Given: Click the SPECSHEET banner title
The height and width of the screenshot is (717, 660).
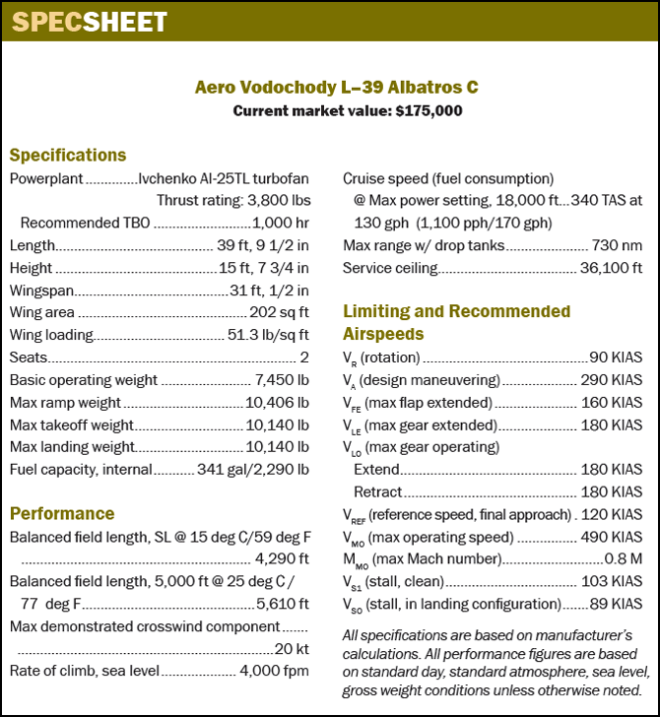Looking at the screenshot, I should coord(89,21).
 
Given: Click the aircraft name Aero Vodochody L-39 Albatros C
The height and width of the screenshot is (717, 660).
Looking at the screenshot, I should coord(336,88).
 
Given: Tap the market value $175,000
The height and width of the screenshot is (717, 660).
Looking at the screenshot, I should coord(429,110).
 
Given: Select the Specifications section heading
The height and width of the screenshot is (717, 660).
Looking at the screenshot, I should coord(68,155).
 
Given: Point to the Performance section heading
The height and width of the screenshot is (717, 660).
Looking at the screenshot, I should coord(62,513).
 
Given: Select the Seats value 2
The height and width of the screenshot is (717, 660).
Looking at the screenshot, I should coord(303,357).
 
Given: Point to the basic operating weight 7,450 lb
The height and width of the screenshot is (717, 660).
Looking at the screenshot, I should coord(282,379).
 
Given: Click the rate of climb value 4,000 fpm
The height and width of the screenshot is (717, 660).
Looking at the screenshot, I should coord(274,671).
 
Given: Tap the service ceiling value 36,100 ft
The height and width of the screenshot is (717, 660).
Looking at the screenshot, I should coord(611,267).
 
